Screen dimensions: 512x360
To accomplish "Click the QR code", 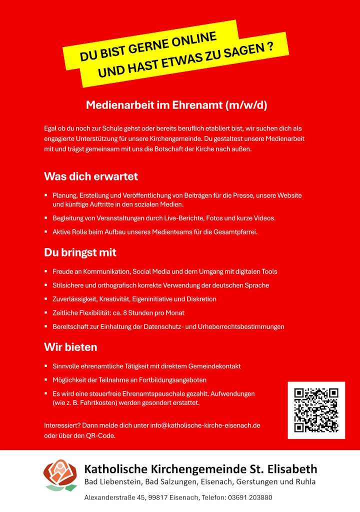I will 316,410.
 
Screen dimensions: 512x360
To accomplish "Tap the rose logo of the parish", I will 60,475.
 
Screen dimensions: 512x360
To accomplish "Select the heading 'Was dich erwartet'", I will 90,176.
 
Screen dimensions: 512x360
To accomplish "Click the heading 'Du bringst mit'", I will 80,253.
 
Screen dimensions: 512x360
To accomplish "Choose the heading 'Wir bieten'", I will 70,347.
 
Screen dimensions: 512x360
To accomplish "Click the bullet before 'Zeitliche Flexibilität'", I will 46,313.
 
